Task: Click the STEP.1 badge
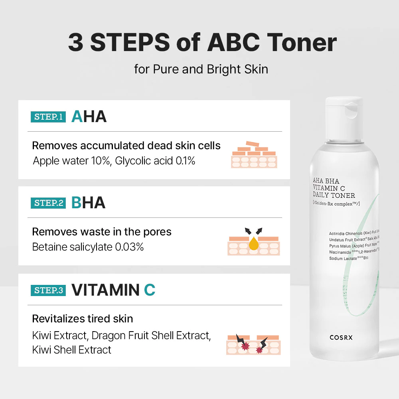pyautogui.click(x=48, y=117)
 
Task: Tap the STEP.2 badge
pyautogui.click(x=48, y=203)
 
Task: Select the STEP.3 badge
pyautogui.click(x=48, y=290)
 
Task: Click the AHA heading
pyautogui.click(x=89, y=117)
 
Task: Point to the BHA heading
pyautogui.click(x=88, y=203)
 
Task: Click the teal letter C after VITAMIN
pyautogui.click(x=150, y=290)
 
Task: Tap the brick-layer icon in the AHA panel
pyautogui.click(x=254, y=154)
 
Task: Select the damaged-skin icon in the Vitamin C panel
pyautogui.click(x=253, y=344)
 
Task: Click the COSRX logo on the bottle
pyautogui.click(x=341, y=338)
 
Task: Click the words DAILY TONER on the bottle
pyautogui.click(x=334, y=196)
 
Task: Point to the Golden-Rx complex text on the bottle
pyautogui.click(x=336, y=203)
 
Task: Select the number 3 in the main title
pyautogui.click(x=76, y=43)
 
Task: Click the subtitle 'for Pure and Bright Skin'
pyautogui.click(x=201, y=69)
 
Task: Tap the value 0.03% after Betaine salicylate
pyautogui.click(x=129, y=247)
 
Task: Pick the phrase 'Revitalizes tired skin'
pyautogui.click(x=83, y=319)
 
